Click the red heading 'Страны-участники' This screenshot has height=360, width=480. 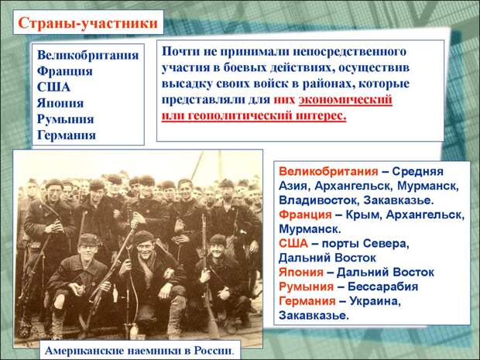pos(87,23)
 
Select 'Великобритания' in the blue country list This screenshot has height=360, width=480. pos(87,55)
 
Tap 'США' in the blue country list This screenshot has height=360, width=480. pos(53,87)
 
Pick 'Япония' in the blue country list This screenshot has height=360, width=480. pos(60,103)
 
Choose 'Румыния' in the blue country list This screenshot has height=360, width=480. pos(65,118)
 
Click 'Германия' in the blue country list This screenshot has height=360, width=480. pos(67,135)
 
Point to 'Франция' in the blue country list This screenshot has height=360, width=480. pos(64,71)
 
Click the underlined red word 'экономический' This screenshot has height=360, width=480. pos(345,100)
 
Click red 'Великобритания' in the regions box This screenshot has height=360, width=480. pos(328,171)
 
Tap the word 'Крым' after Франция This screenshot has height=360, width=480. pos(362,214)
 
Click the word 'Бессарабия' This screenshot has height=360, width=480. pos(382,286)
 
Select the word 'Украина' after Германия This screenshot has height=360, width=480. pos(375,301)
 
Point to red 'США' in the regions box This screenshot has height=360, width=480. pos(293,243)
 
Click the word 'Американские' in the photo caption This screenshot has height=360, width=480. pos(84,351)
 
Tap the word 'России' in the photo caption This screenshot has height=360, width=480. pos(214,351)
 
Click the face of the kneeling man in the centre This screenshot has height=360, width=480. pos(144,245)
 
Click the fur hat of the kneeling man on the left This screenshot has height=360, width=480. pos(88,240)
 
